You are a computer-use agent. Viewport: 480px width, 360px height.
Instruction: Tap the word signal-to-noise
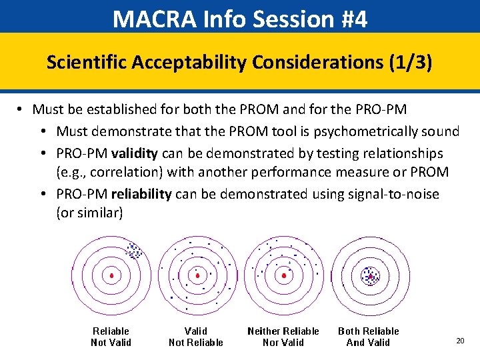(399, 194)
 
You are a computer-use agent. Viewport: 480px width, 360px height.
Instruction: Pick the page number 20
(460, 341)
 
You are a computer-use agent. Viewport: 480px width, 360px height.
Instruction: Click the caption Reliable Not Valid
(111, 337)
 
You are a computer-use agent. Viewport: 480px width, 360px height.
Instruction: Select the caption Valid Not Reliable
(196, 337)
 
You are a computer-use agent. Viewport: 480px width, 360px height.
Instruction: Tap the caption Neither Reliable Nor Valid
(283, 337)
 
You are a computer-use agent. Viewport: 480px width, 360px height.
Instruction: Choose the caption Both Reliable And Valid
(368, 337)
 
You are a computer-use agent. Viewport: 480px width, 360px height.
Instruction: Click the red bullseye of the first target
(111, 275)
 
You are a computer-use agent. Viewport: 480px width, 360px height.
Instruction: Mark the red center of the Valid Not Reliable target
(197, 275)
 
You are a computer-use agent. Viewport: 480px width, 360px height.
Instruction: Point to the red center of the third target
(284, 275)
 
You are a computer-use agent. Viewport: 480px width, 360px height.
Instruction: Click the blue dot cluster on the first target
(134, 251)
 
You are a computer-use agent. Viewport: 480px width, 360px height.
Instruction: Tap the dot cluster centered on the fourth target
(370, 275)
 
